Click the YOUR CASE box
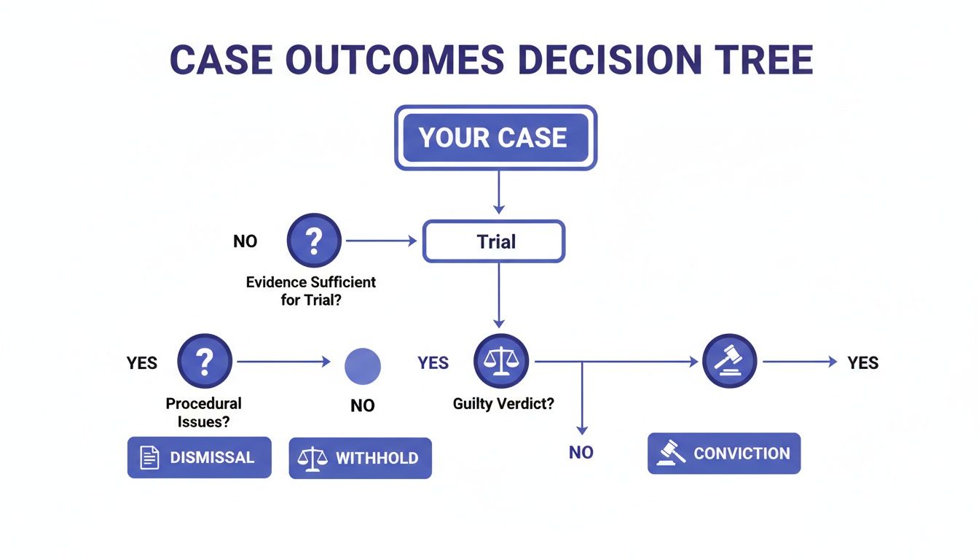pos(495,138)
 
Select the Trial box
pos(495,241)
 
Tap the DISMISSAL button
pos(199,457)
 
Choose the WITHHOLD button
pos(360,458)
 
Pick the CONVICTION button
pos(723,454)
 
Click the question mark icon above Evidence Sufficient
pos(314,241)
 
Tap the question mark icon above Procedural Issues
pos(205,361)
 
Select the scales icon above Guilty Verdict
pos(501,361)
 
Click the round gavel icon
pos(729,361)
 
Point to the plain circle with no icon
pos(362,366)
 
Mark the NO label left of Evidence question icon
pos(245,241)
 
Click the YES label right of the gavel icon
pos(862,362)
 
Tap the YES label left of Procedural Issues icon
pos(142,362)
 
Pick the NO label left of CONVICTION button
pos(581,453)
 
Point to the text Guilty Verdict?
pos(503,403)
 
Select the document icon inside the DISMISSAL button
pos(149,458)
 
